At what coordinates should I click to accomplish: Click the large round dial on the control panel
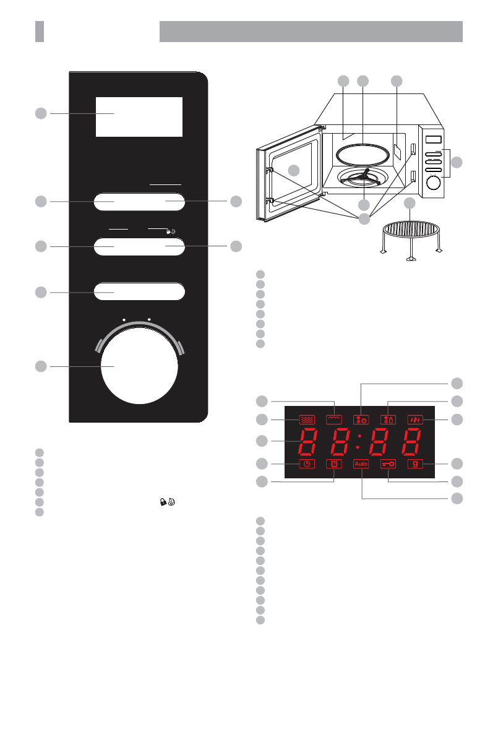[x=139, y=367]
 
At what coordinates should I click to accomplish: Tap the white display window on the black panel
[x=139, y=116]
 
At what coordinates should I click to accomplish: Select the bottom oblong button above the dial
[x=140, y=291]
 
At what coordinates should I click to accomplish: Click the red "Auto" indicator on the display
[x=361, y=463]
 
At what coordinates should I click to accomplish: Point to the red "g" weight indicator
[x=414, y=463]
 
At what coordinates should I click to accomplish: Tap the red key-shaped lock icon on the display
[x=388, y=463]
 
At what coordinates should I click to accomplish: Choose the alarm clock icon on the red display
[x=334, y=463]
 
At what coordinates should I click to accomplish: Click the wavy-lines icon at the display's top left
[x=307, y=419]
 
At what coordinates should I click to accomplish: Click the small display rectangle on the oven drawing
[x=434, y=139]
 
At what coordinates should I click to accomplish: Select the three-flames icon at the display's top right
[x=414, y=419]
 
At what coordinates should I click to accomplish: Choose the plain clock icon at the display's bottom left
[x=307, y=463]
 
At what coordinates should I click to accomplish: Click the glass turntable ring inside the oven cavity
[x=361, y=152]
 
